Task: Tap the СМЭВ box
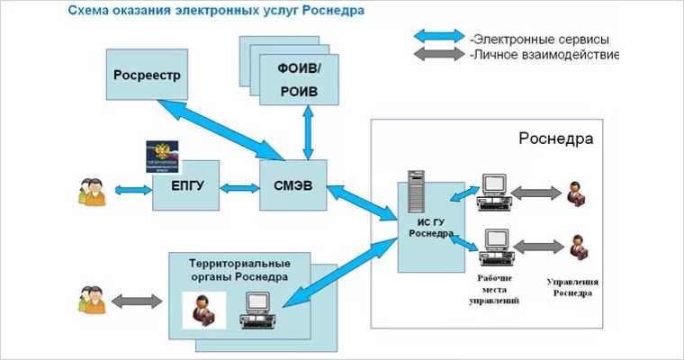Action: tap(292, 187)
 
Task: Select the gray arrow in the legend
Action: tap(438, 54)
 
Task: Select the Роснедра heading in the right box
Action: tap(555, 140)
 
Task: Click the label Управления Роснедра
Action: tap(572, 287)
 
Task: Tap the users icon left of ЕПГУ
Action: tap(92, 190)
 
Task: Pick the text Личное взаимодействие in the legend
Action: tap(545, 55)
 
